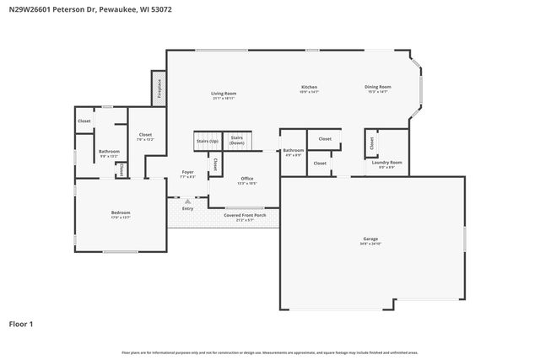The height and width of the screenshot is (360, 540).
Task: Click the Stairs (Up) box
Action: pos(208,141)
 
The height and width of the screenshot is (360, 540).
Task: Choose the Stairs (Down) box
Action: pos(237,141)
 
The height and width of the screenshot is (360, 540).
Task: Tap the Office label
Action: pos(247,179)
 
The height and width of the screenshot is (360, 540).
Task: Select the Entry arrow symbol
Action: pos(187,201)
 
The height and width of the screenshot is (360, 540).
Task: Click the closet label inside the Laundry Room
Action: pos(372,144)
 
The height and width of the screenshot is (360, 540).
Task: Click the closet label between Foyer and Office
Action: pos(215,164)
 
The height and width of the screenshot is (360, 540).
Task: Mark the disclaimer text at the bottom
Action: pos(270,352)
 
